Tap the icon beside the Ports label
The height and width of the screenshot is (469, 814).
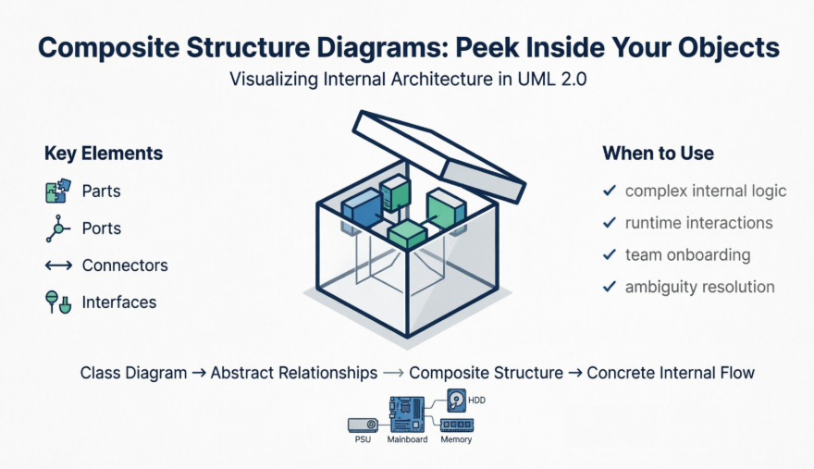pos(57,228)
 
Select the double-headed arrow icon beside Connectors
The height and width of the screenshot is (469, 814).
pos(58,265)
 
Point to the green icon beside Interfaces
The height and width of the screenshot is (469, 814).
pos(58,302)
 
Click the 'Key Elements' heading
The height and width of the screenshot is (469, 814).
pos(104,154)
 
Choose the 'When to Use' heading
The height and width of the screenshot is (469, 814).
pos(658,154)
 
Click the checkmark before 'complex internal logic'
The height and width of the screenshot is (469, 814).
pos(610,191)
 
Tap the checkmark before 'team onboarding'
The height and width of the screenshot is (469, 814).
pos(610,254)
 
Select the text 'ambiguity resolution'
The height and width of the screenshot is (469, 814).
pos(700,287)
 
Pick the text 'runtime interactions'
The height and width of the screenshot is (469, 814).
pos(698,223)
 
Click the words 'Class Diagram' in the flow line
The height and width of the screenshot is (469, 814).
pos(131,373)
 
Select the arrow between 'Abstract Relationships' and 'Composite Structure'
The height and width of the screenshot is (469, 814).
pos(393,373)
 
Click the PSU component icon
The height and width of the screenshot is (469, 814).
pos(363,425)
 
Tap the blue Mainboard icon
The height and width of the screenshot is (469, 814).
pos(406,415)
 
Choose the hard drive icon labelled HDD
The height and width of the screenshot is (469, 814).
pos(456,400)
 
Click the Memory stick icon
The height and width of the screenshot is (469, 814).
pos(456,425)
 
